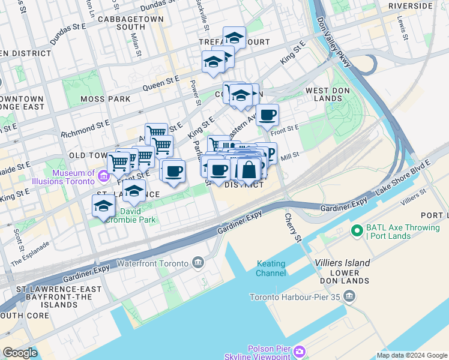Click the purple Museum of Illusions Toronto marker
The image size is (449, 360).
click(103, 177)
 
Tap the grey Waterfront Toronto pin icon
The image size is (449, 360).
click(198, 262)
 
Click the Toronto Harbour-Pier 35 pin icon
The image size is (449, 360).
click(351, 296)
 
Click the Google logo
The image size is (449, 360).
click(20, 353)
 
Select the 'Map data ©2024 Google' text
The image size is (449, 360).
click(412, 355)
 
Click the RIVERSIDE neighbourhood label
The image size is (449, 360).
click(410, 6)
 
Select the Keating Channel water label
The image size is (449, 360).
click(271, 269)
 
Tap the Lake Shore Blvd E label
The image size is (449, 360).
click(403, 178)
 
